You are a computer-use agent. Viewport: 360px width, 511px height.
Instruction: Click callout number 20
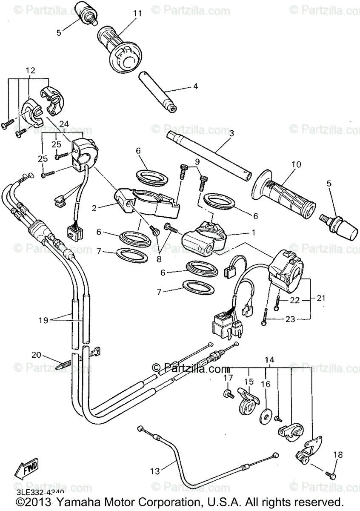click(x=37, y=354)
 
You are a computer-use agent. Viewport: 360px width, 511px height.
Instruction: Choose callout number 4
click(x=195, y=86)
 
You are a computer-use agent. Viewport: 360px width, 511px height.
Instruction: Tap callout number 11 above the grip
click(x=137, y=13)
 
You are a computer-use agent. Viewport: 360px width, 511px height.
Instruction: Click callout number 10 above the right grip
click(x=296, y=164)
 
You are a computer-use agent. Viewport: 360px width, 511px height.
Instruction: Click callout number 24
click(x=64, y=123)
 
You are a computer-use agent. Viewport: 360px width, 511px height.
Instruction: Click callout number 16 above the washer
click(x=266, y=384)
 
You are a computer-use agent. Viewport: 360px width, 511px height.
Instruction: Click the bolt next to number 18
click(x=331, y=473)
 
